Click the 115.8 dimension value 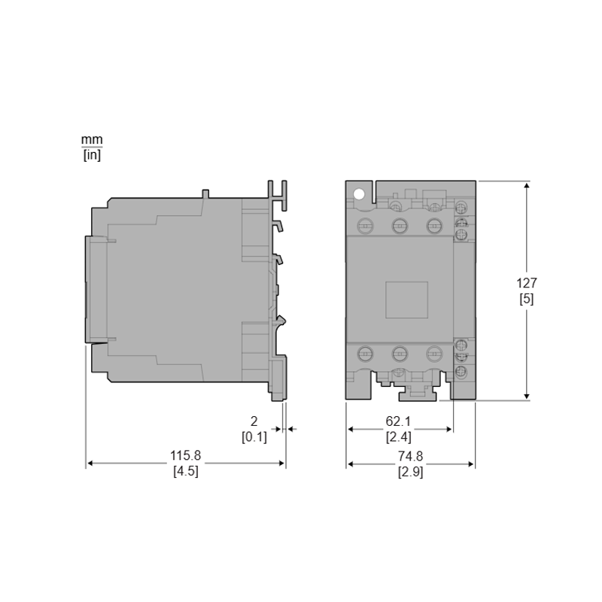point(185,455)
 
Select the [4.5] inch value point(186,471)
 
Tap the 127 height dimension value point(526,283)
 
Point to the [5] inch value point(527,299)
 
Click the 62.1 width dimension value point(398,421)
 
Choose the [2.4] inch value point(399,437)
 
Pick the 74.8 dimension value point(410,456)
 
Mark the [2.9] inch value point(411,472)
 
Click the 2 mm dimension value point(254,421)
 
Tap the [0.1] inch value point(254,437)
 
